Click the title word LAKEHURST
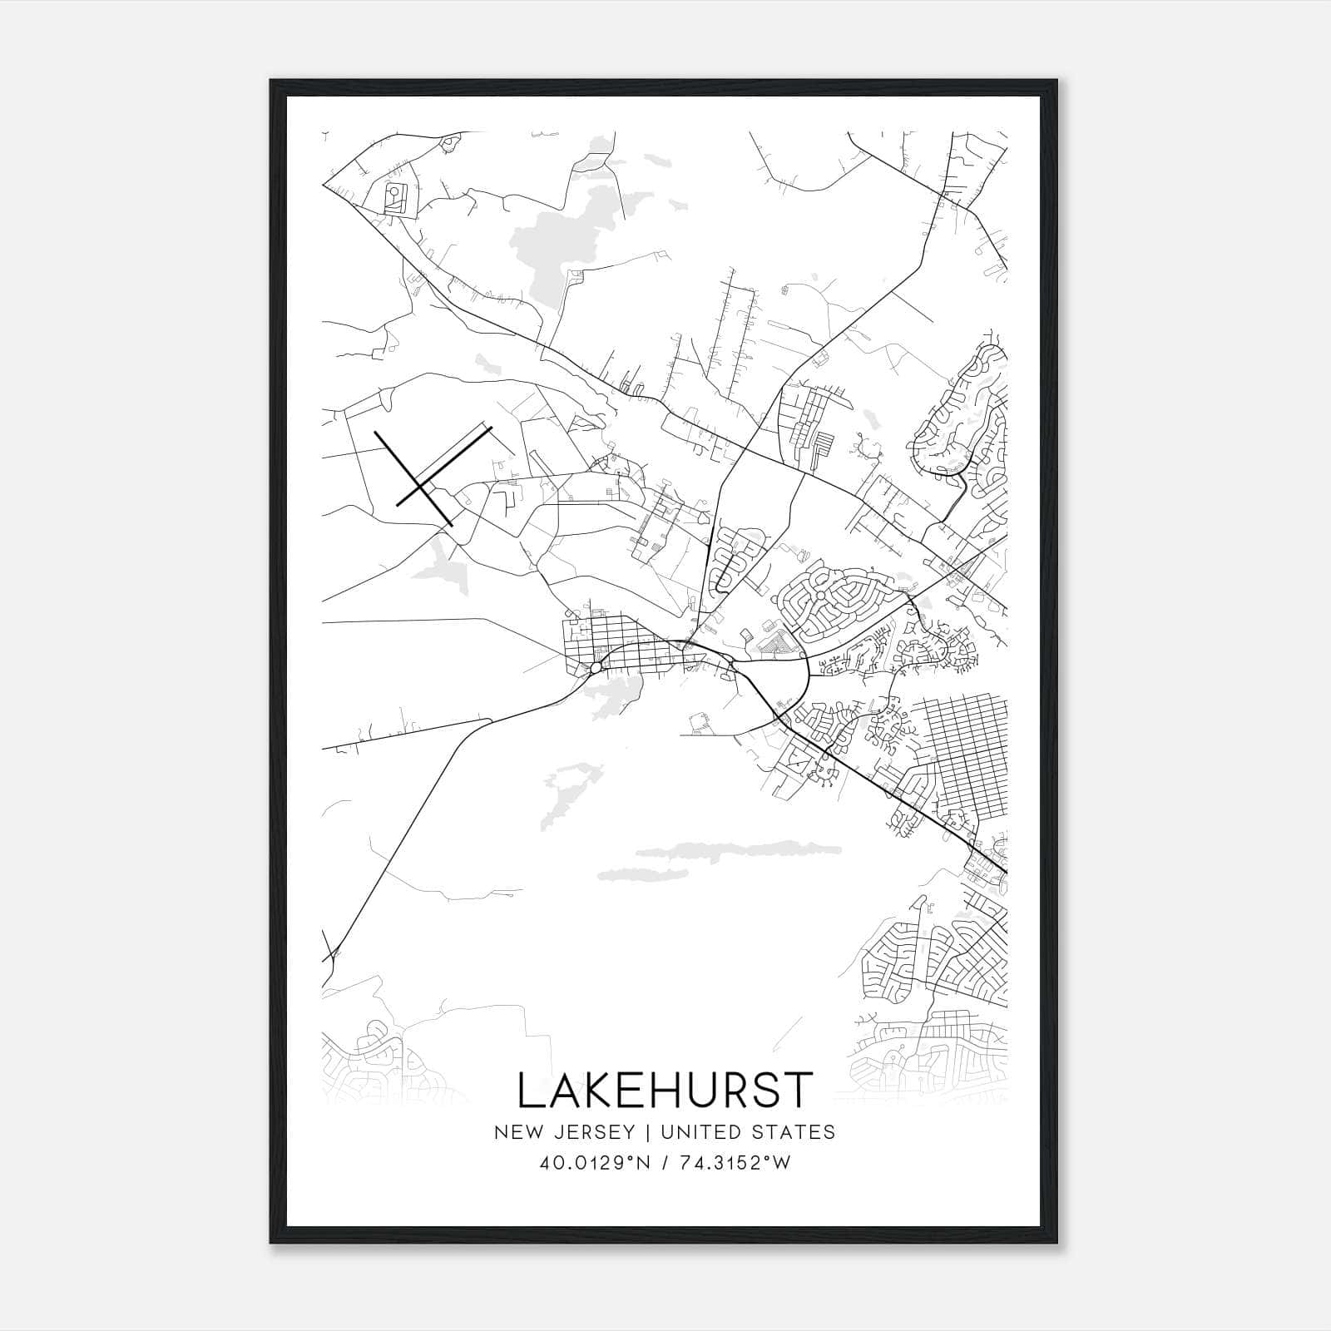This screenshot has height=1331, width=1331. [665, 1090]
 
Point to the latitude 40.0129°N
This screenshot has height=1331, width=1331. [591, 1164]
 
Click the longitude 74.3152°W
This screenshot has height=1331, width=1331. [734, 1164]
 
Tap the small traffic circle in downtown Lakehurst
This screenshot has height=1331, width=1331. [596, 667]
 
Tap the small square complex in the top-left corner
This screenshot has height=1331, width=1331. [394, 200]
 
